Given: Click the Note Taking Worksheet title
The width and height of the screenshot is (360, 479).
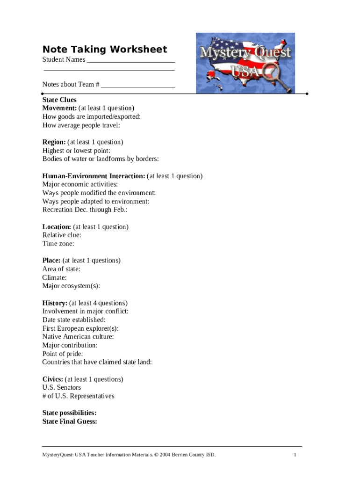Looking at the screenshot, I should click(x=104, y=50).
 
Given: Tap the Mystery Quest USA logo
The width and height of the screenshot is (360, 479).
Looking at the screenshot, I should click(x=245, y=63).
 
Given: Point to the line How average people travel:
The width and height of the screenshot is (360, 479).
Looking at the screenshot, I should click(x=81, y=125).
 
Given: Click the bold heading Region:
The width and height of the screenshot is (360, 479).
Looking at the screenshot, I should click(x=54, y=142).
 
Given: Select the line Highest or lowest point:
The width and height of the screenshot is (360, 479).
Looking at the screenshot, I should click(x=76, y=151).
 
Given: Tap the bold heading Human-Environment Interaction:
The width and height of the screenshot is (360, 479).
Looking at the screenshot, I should click(x=94, y=176).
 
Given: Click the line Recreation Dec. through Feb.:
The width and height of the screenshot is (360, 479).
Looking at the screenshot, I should click(x=85, y=210).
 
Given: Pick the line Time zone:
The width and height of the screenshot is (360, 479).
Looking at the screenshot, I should click(x=58, y=243).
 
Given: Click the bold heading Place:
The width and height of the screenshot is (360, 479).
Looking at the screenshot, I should click(x=51, y=260).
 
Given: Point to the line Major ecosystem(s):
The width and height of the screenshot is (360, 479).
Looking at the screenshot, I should click(x=71, y=286).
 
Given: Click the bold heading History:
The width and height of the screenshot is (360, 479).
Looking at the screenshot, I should click(x=55, y=303).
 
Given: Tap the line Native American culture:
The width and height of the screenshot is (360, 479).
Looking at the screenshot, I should click(x=78, y=336).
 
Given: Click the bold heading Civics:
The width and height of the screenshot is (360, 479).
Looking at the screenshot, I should click(x=53, y=379).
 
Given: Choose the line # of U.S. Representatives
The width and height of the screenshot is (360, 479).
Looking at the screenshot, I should click(x=78, y=396).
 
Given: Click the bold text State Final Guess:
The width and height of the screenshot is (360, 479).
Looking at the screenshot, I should click(x=70, y=421).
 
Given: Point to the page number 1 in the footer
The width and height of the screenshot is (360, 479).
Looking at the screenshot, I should click(x=295, y=455).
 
